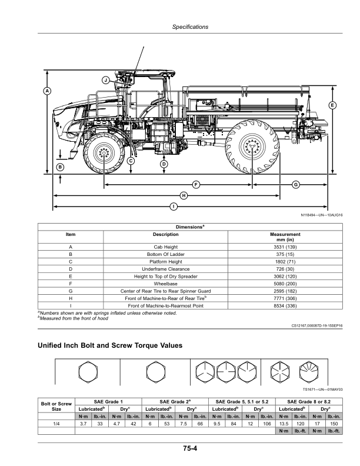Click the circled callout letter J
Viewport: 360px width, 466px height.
click(105, 79)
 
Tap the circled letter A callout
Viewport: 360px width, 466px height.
click(47, 91)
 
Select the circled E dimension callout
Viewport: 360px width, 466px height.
click(332, 105)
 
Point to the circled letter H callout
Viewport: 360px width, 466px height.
click(184, 195)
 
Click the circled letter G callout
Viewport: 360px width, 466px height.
click(295, 185)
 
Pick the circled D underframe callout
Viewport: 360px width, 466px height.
click(164, 164)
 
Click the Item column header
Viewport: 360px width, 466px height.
click(71, 235)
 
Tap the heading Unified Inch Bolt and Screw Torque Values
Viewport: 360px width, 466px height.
click(110, 344)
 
